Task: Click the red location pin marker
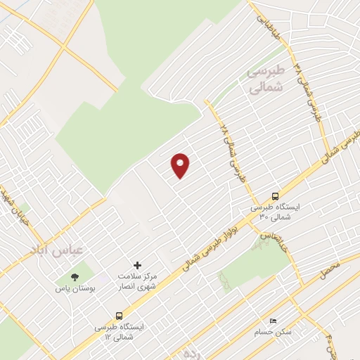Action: (181, 165)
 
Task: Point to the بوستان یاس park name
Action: (75, 288)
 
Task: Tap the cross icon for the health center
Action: (137, 266)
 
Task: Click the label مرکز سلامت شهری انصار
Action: (137, 281)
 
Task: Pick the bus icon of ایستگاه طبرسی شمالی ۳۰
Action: (276, 197)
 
